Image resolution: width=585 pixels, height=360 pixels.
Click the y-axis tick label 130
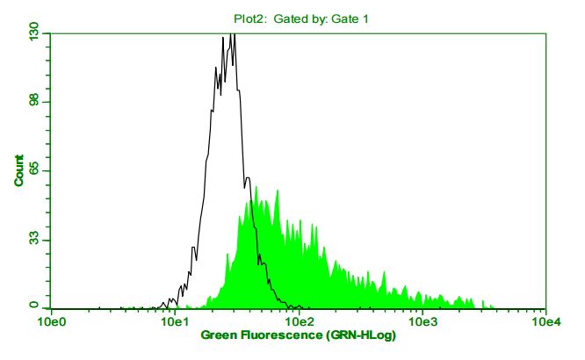click(x=32, y=33)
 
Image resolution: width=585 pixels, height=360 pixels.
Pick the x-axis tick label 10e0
click(x=52, y=322)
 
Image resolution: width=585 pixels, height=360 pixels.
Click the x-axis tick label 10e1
click(x=175, y=322)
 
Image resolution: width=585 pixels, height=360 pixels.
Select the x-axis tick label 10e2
click(x=299, y=322)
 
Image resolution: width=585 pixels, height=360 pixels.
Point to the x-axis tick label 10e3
click(x=422, y=322)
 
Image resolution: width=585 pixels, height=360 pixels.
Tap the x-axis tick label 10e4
click(x=546, y=322)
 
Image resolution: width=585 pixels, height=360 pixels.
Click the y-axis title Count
click(x=18, y=170)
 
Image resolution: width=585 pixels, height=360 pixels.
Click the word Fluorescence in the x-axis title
click(x=281, y=335)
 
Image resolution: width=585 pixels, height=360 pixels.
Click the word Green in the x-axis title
click(x=220, y=335)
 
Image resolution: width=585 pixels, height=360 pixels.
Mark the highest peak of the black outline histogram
click(x=231, y=34)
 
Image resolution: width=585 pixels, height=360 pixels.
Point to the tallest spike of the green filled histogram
click(x=256, y=187)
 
